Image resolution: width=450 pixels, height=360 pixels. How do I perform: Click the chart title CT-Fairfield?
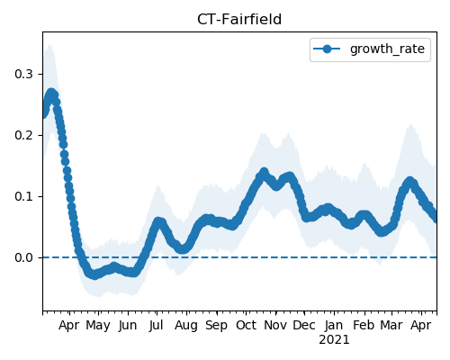(x=239, y=20)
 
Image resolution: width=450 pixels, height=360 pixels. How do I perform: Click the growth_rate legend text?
(x=387, y=49)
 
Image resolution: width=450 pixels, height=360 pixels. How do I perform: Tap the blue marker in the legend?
(x=327, y=49)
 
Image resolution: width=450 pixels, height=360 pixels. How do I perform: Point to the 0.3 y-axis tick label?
(x=23, y=74)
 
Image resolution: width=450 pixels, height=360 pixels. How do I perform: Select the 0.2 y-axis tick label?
(x=23, y=135)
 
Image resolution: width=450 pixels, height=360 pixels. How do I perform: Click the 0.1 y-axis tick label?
(x=23, y=196)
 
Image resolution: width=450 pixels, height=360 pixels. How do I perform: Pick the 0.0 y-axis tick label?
(x=23, y=257)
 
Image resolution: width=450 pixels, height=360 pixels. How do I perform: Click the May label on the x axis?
(x=98, y=326)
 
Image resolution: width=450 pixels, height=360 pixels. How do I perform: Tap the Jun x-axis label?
(x=128, y=326)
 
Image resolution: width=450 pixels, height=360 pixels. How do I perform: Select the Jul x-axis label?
(x=157, y=326)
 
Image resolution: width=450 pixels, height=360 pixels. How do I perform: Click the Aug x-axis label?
(x=186, y=326)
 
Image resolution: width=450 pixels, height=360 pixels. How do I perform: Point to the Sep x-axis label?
(x=216, y=326)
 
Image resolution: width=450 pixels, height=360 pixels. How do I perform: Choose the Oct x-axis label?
(x=246, y=326)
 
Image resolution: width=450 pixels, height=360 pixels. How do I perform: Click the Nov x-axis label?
(x=275, y=326)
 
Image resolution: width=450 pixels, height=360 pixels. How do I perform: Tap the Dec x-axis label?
(x=304, y=326)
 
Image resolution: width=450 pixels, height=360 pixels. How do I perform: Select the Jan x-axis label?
(x=334, y=326)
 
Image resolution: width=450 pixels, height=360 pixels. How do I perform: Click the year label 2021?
(x=334, y=340)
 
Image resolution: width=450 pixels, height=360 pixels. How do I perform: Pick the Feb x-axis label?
(x=364, y=326)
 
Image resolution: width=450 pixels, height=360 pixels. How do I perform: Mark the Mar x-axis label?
(x=391, y=326)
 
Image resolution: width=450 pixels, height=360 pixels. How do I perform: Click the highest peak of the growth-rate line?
(x=51, y=93)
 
